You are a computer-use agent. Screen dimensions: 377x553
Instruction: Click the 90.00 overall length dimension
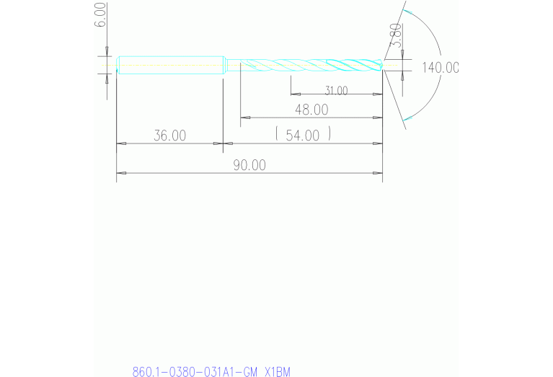point(249,165)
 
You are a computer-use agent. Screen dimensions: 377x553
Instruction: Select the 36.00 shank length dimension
point(170,135)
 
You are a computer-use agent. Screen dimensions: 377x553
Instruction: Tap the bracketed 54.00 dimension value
point(303,135)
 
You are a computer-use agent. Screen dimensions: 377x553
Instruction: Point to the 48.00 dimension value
point(311,110)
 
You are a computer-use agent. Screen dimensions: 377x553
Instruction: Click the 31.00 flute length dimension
point(336,91)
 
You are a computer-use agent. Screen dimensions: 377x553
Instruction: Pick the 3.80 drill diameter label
point(395,35)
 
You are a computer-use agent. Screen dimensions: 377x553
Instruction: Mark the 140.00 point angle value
point(440,68)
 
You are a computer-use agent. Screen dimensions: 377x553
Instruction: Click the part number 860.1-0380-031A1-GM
point(195,372)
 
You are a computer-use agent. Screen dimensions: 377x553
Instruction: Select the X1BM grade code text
point(278,372)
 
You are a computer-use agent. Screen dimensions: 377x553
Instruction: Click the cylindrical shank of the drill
point(170,65)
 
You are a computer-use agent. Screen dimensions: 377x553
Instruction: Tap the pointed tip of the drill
point(381,66)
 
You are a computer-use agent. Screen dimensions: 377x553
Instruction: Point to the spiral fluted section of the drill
point(310,65)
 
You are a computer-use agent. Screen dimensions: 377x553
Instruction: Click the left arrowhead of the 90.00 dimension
point(120,173)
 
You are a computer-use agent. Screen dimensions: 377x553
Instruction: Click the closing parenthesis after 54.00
point(329,134)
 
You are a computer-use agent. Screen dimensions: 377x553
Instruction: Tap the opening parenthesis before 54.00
point(277,134)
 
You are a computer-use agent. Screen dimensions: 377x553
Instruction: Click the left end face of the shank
point(118,65)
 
